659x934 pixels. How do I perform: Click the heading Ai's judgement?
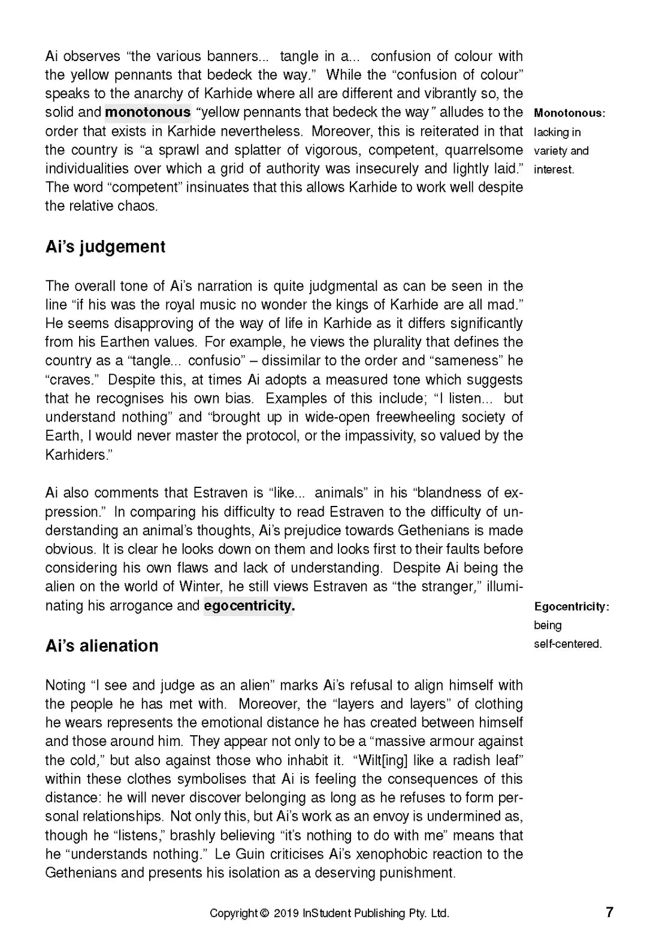[105, 247]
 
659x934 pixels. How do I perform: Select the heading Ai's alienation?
[102, 645]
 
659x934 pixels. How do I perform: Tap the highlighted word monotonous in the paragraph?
[148, 112]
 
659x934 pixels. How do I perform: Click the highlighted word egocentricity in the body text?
[249, 605]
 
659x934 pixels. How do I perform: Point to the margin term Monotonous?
[569, 113]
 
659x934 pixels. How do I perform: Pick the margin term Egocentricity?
[572, 607]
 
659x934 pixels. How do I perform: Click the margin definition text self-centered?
[567, 644]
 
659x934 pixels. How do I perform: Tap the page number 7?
[609, 912]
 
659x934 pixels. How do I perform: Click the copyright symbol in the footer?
[264, 914]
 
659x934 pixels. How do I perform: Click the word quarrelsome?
[484, 150]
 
